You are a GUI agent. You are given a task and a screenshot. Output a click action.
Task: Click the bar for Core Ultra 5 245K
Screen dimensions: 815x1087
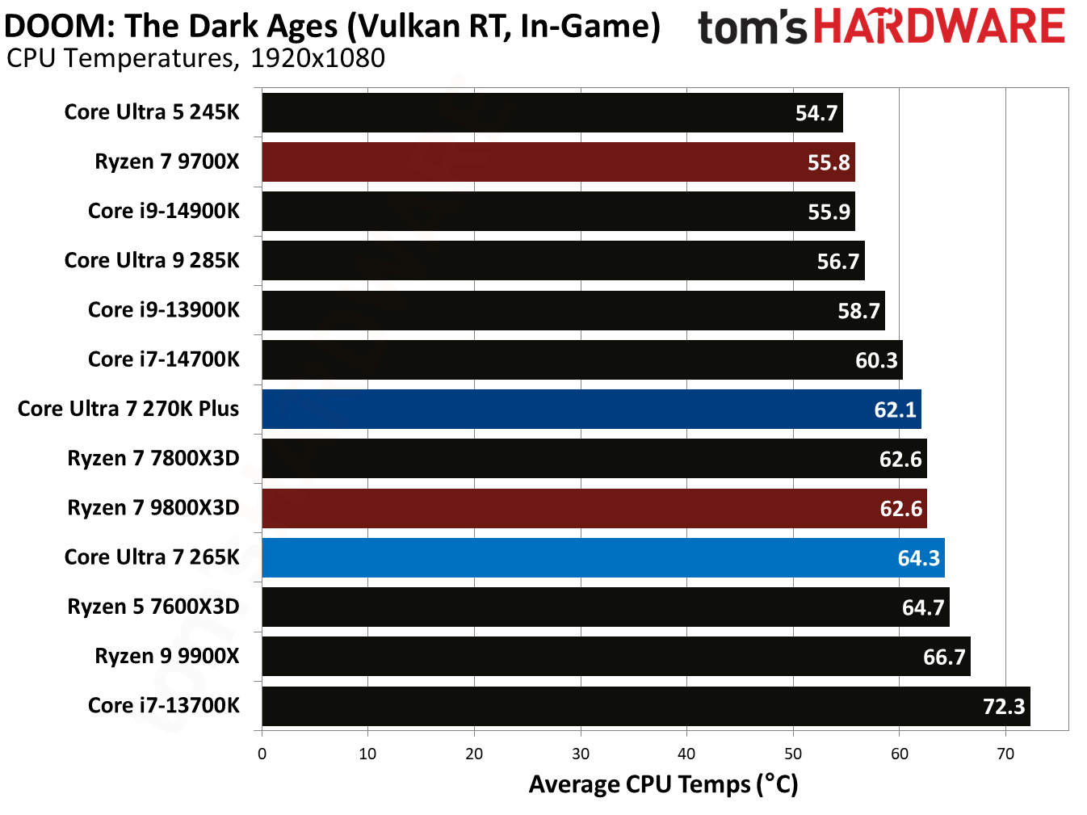pos(552,112)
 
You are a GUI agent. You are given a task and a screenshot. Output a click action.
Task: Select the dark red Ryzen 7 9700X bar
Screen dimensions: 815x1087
pos(557,162)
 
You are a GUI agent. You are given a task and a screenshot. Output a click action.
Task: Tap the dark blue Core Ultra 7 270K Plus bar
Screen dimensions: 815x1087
pos(591,410)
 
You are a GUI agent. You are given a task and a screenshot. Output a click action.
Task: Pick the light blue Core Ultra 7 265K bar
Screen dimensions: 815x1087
pos(602,558)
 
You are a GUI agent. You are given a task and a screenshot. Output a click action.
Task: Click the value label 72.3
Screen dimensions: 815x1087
pos(1003,707)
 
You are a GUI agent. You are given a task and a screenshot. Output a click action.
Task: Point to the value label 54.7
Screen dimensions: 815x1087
pos(816,113)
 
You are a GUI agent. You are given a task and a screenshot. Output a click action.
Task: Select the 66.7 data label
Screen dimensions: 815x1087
pos(943,657)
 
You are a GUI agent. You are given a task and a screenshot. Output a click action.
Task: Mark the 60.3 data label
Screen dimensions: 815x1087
pos(875,360)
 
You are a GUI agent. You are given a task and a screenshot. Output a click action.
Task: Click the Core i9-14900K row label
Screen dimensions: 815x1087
pos(163,211)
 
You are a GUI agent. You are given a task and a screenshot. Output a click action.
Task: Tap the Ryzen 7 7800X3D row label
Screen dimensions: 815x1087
pos(153,459)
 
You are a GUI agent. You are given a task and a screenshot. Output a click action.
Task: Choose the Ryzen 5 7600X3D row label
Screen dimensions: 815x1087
pos(153,607)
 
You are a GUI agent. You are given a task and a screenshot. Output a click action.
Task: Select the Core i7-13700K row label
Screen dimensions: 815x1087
pos(163,706)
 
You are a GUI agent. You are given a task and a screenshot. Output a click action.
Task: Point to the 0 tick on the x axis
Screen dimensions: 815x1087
pos(262,754)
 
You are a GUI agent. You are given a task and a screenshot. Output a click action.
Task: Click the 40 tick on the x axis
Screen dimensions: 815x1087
pos(686,754)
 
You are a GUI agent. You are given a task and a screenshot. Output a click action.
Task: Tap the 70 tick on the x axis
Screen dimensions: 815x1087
pos(1005,754)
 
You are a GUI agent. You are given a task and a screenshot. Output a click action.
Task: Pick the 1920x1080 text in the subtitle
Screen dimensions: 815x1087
pos(317,58)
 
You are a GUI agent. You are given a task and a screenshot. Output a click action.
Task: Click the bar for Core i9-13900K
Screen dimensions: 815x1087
pos(573,311)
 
